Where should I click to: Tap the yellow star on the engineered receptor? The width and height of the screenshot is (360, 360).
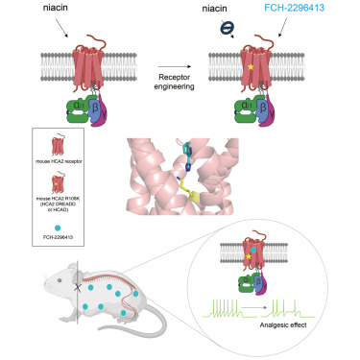(x=276, y=69)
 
